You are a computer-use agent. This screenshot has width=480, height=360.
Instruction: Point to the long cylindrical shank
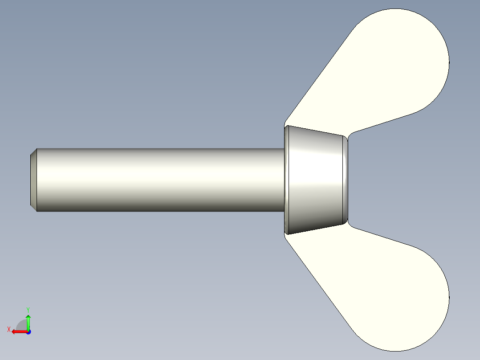pos(160,180)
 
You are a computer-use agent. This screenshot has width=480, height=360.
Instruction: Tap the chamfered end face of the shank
pos(33,180)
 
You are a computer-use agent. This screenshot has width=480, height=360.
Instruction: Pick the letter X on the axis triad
pos(9,329)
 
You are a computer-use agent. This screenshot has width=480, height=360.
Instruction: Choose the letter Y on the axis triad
pos(28,309)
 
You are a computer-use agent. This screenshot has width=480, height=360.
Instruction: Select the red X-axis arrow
pos(18,331)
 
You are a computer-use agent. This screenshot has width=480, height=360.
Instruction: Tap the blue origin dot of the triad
pos(28,331)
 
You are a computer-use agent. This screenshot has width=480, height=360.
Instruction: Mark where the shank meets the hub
pos(284,180)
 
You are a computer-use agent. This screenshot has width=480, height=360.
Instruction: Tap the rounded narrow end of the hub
pos(346,180)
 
